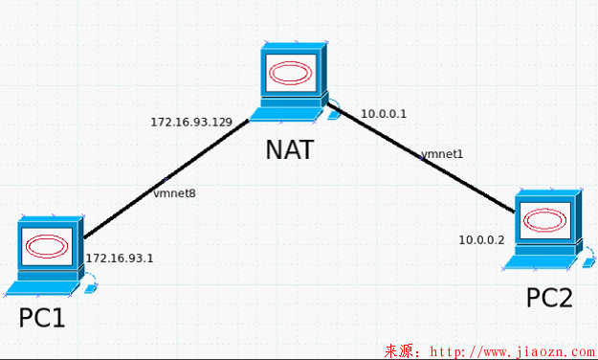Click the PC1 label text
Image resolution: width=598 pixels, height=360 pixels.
41,317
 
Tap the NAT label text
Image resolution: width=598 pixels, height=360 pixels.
289,150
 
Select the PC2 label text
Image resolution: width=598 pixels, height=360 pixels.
549,298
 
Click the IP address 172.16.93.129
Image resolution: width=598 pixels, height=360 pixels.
191,122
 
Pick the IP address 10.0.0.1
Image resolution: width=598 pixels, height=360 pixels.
384,114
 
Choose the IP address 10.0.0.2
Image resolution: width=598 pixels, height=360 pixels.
481,239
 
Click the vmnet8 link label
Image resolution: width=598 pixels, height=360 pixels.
174,193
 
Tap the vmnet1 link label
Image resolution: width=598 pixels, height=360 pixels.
442,153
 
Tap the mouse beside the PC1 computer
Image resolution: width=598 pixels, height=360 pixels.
90,284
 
